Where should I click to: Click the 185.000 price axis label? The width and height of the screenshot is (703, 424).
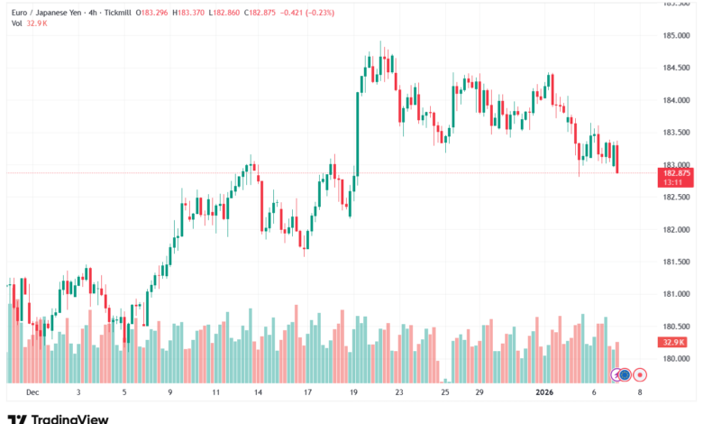point(676,35)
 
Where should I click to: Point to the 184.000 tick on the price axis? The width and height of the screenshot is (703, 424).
point(676,100)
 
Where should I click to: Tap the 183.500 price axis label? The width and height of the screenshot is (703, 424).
point(676,132)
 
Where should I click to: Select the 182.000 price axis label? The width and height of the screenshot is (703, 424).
point(676,229)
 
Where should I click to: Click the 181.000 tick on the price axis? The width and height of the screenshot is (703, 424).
point(676,294)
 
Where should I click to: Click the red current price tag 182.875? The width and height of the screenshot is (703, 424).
point(676,172)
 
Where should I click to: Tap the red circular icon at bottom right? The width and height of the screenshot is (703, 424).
point(640,373)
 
